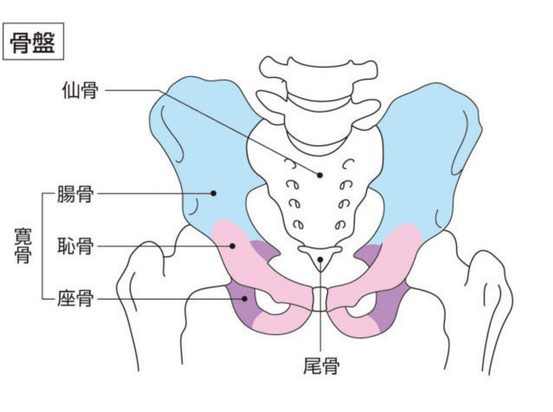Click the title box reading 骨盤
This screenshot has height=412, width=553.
(x=33, y=42)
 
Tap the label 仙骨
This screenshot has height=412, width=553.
(x=80, y=90)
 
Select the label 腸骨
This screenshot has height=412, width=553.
(x=75, y=194)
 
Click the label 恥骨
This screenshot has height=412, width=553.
(x=75, y=246)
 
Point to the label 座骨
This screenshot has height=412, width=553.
(x=75, y=299)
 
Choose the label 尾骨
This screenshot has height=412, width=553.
(x=321, y=366)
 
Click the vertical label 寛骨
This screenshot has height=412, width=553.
(x=23, y=246)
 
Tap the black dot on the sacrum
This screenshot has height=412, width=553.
(x=320, y=175)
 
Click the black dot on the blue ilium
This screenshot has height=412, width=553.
(x=213, y=193)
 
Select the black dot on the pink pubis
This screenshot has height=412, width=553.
(x=232, y=246)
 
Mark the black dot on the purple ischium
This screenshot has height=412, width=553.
(x=244, y=299)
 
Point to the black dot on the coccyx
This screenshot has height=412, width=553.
(x=320, y=260)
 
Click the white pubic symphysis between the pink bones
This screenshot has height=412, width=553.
(x=320, y=299)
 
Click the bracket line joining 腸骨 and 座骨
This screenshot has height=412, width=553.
(x=42, y=246)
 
